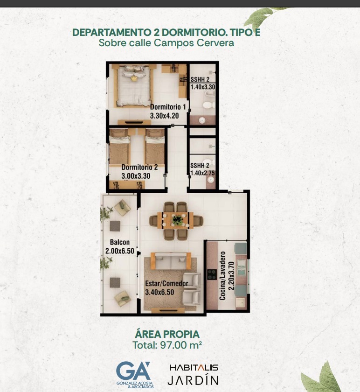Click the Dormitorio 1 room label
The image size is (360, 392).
[x=168, y=107]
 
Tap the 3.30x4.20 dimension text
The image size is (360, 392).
[x=165, y=116]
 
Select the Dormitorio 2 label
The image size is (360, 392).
[x=139, y=167]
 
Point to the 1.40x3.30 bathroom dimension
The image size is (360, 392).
[x=202, y=87]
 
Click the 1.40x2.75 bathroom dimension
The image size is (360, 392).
[x=202, y=173]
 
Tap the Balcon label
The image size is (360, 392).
[x=120, y=242]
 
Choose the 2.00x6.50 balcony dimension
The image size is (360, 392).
[x=120, y=251]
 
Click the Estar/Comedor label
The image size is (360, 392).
[x=166, y=284]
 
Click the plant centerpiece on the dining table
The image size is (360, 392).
[x=177, y=220]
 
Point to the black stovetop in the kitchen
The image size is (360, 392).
[x=212, y=274]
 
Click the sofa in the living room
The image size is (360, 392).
[x=171, y=260]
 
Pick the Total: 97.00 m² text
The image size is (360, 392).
[x=167, y=345]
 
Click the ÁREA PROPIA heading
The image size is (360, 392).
[x=167, y=334]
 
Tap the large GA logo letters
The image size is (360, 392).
[x=133, y=371]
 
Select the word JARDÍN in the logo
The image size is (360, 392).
[x=193, y=379]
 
